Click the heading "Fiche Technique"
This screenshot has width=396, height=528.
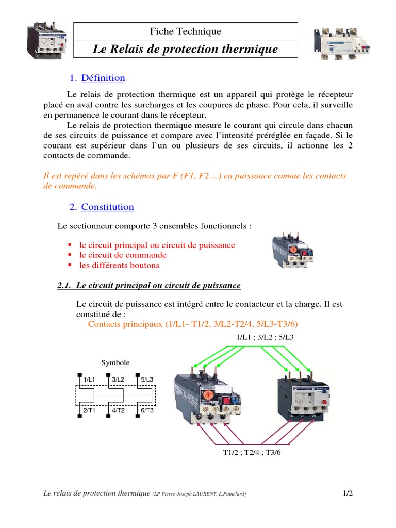click(x=185, y=31)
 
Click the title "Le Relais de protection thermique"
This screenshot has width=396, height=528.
click(x=185, y=49)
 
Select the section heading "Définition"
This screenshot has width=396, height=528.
click(x=103, y=78)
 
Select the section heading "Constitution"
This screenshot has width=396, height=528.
click(x=107, y=207)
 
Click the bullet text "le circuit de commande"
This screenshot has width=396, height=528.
click(x=123, y=255)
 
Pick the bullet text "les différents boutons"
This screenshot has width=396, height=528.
click(x=119, y=265)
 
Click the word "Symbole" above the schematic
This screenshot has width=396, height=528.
click(x=115, y=362)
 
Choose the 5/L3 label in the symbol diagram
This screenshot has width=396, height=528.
click(x=147, y=379)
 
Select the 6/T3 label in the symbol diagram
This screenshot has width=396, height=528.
click(x=147, y=410)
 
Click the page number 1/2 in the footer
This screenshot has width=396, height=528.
click(x=348, y=493)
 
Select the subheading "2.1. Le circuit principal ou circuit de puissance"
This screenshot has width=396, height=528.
click(x=148, y=285)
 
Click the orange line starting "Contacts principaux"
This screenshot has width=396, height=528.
click(x=193, y=324)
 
